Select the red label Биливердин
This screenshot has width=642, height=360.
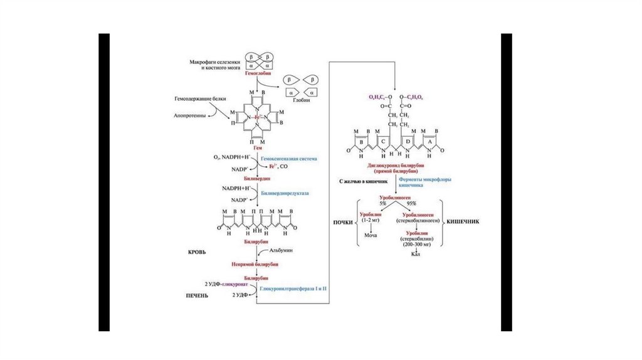[x=258, y=178]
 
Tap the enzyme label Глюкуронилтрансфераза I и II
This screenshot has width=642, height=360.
[x=293, y=289]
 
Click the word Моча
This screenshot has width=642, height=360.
[x=370, y=235]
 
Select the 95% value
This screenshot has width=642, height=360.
[x=411, y=204]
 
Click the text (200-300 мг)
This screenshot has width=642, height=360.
[x=414, y=245]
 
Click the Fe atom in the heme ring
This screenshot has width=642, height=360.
[x=257, y=117]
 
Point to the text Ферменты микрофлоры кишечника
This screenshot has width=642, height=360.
[x=417, y=182]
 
